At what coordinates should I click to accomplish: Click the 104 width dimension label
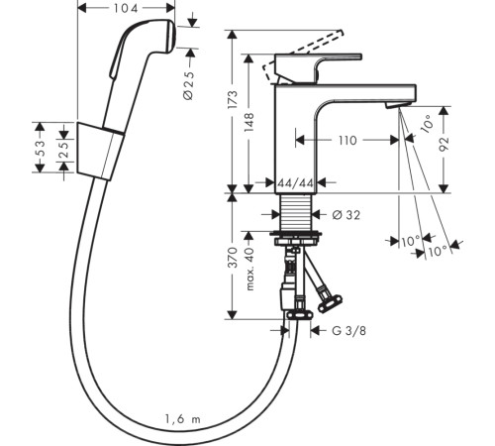coord(126,8)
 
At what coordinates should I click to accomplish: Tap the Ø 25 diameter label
coord(189,85)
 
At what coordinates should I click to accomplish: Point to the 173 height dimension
coord(233,99)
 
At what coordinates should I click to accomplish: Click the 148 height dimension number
coord(249,122)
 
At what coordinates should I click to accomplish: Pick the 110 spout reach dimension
coord(347,141)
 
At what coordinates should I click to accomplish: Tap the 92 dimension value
coord(445,144)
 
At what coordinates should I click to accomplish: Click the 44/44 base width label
coord(295,183)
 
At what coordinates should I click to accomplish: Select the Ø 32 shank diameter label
coord(346,215)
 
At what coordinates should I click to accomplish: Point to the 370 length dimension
coord(233,257)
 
